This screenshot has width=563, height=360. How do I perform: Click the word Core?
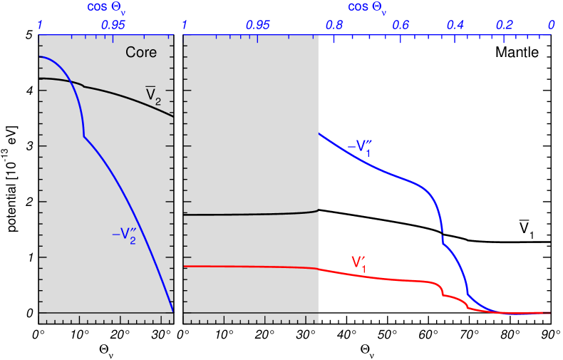(141, 53)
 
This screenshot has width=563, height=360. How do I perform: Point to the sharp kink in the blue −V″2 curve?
(84, 136)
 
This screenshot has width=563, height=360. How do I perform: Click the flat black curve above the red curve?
(249, 214)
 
